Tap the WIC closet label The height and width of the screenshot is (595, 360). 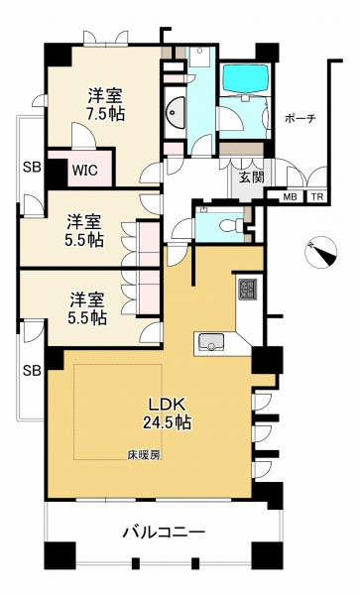(83, 169)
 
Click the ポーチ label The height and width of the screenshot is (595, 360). (300, 118)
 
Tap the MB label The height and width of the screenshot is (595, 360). (291, 197)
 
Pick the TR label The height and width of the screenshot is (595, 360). (317, 197)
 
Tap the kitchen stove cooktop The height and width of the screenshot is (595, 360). (247, 290)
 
